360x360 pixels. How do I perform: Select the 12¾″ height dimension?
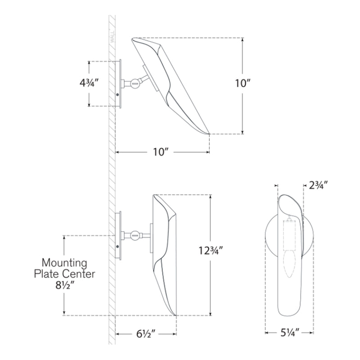click(x=211, y=251)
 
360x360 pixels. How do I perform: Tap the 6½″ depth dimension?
click(x=146, y=333)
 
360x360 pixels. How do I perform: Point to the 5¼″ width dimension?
click(x=290, y=333)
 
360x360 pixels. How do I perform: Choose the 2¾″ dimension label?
click(x=318, y=185)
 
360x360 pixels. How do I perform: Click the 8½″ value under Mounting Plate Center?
click(x=65, y=286)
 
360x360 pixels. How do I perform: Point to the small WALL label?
click(x=112, y=37)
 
